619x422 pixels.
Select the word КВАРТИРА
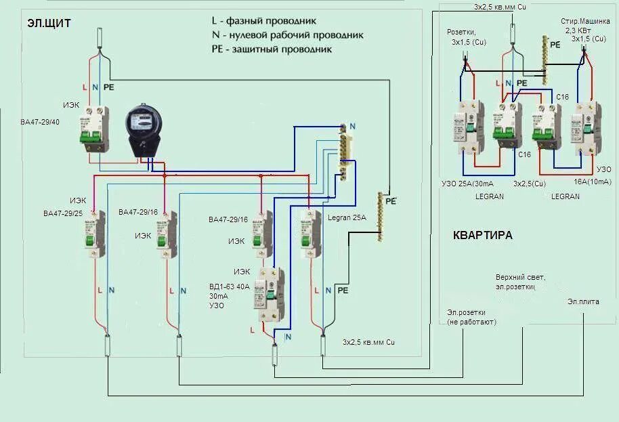(482, 235)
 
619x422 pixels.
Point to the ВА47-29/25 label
(63, 213)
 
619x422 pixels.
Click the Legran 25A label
(348, 217)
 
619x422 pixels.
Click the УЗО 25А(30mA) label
(467, 184)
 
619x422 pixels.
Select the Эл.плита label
(583, 301)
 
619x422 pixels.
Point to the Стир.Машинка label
(582, 22)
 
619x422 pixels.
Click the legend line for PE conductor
(271, 49)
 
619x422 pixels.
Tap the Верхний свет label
(520, 277)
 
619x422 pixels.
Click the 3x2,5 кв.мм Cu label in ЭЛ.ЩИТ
(368, 342)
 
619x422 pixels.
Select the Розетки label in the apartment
(463, 33)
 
